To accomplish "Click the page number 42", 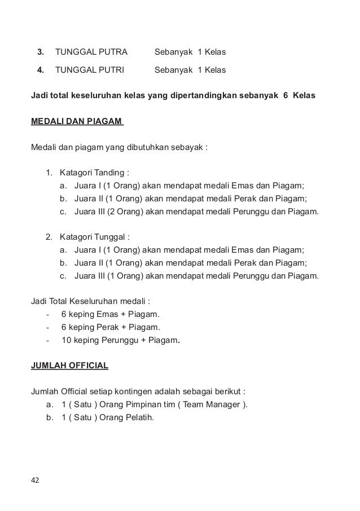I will pos(35,480).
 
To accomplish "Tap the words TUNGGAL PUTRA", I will pos(91,52).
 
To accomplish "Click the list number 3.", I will pos(40,52).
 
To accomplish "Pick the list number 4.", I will pos(40,71).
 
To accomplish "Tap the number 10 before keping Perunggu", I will pos(66,340).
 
